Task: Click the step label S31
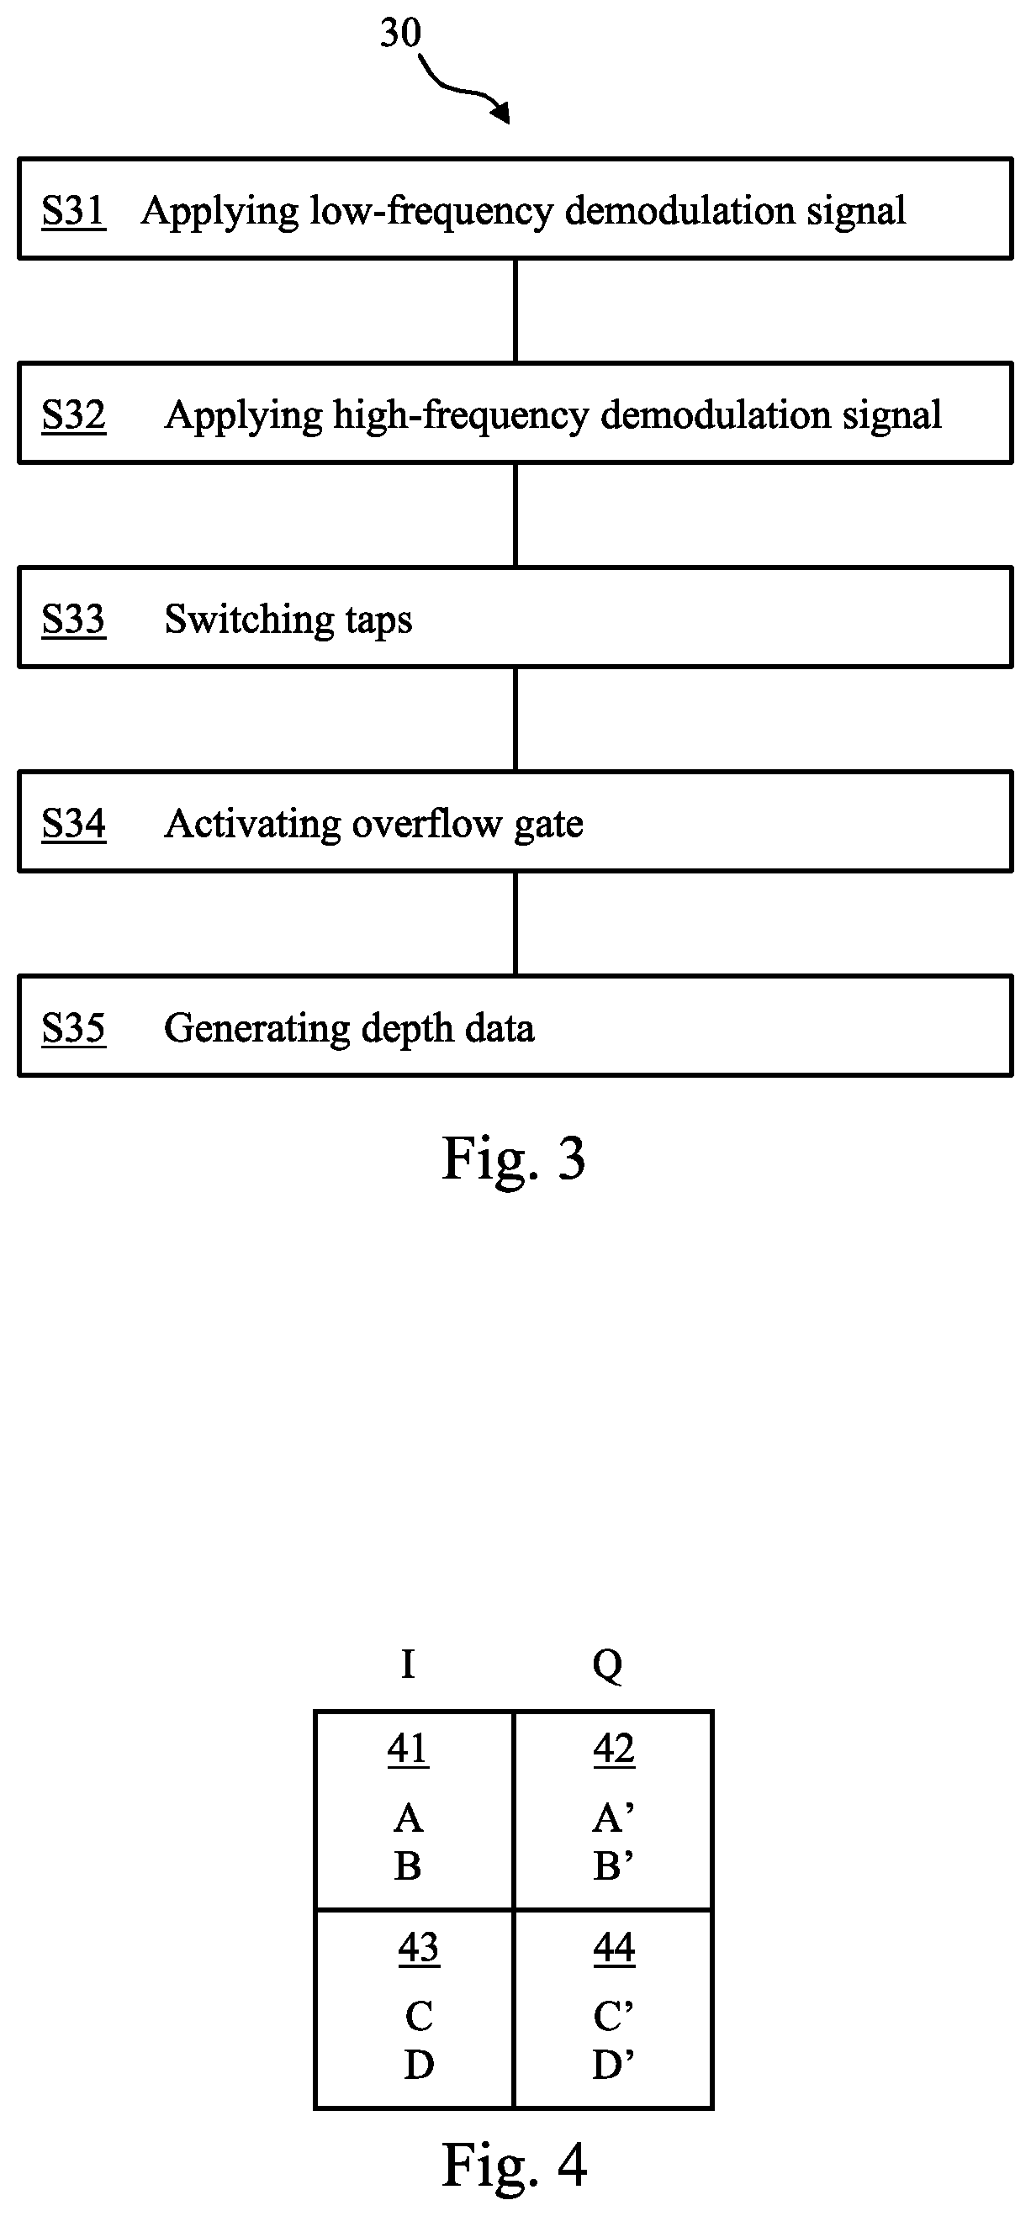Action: coord(73,211)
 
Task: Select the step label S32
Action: coord(73,415)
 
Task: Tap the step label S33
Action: coord(73,620)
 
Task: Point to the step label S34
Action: coord(73,824)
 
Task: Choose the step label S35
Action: coord(73,1028)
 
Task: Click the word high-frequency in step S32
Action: coord(462,416)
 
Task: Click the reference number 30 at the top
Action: coord(400,34)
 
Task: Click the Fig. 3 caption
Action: coord(514,1158)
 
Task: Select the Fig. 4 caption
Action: coord(514,2165)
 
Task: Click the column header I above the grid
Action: coord(408,1665)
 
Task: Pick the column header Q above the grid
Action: coord(608,1666)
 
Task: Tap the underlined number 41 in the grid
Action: coord(408,1749)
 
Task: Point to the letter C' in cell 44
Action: coord(614,2017)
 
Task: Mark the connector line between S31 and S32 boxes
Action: coord(515,310)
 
